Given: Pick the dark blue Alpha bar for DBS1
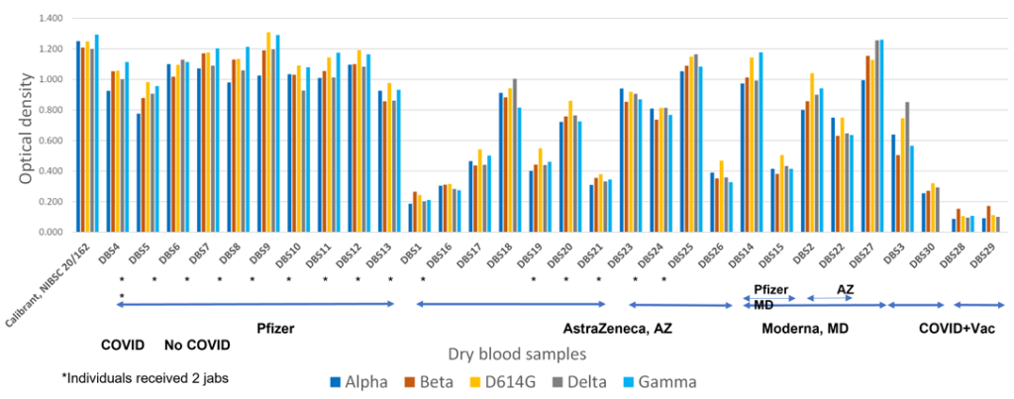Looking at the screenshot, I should [x=411, y=218].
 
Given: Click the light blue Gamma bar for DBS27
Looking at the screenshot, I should [x=881, y=136].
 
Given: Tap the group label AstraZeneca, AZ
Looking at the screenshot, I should [x=618, y=328].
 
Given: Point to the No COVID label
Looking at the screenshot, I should [x=196, y=346].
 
